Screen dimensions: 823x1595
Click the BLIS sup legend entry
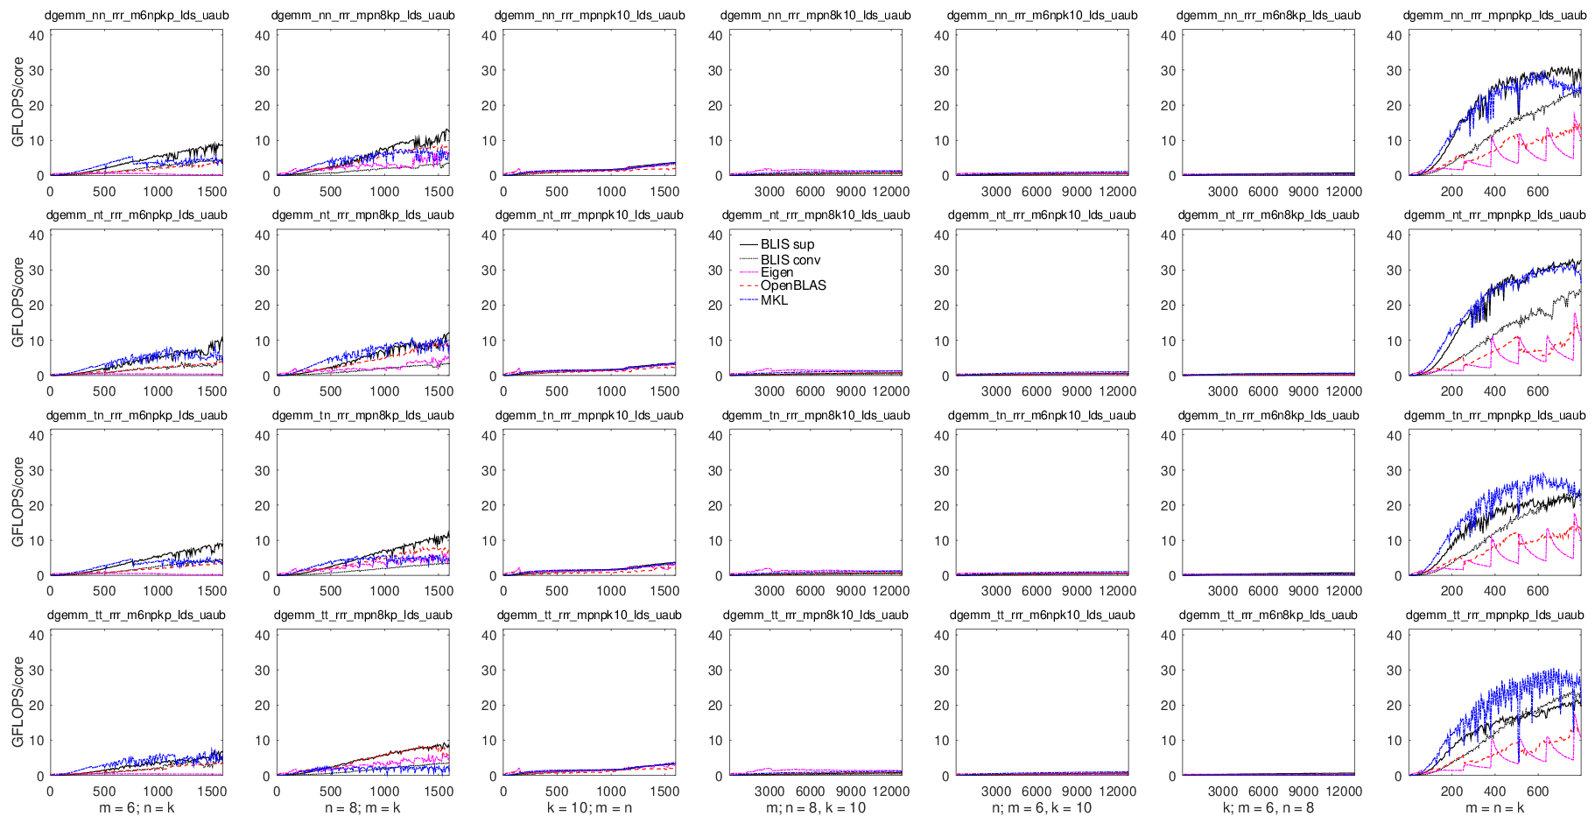click(x=787, y=244)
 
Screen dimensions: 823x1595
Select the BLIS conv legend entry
click(x=790, y=260)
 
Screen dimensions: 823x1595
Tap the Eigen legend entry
click(x=776, y=272)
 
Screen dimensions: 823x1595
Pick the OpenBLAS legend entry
click(x=793, y=285)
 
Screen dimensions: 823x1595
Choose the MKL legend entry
click(x=774, y=300)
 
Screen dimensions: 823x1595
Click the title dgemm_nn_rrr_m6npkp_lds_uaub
click(x=137, y=15)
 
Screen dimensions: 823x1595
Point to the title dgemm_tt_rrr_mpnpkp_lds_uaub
click(x=1494, y=615)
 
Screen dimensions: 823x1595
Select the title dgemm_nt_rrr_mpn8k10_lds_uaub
click(x=815, y=215)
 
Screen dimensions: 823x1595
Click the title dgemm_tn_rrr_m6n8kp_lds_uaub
click(x=1268, y=415)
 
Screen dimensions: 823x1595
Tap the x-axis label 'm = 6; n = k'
click(x=137, y=808)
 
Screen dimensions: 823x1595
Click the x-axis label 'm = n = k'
click(x=1494, y=808)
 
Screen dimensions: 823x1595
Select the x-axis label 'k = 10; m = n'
click(x=589, y=808)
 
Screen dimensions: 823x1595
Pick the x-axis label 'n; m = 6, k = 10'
click(x=1042, y=808)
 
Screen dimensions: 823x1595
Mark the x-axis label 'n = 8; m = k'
click(x=362, y=808)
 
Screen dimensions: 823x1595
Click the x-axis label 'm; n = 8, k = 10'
click(x=815, y=808)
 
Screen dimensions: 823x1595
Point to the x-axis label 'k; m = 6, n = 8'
click(x=1268, y=808)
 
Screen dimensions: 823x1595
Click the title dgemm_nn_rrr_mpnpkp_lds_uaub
click(x=1494, y=15)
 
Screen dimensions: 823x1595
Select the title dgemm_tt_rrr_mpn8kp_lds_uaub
click(x=362, y=615)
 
